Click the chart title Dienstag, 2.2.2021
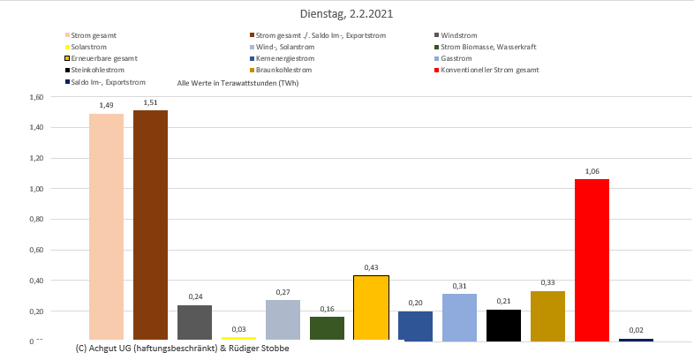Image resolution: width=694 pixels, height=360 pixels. click(x=346, y=14)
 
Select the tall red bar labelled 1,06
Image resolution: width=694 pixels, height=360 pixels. click(x=592, y=259)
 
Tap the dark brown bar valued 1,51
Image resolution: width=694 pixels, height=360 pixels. click(x=150, y=225)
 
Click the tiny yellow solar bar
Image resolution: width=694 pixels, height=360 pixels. click(x=238, y=338)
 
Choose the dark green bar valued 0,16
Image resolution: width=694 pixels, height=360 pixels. click(x=327, y=328)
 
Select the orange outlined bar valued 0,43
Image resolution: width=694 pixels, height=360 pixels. click(x=371, y=308)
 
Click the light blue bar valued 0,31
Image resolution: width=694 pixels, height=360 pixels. click(x=459, y=317)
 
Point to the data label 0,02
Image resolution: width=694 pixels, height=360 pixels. click(x=636, y=330)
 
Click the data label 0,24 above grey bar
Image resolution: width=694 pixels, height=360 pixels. click(x=194, y=296)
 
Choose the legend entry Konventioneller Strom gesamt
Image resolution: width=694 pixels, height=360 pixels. click(x=489, y=70)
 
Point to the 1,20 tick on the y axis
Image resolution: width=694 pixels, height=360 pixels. click(x=35, y=159)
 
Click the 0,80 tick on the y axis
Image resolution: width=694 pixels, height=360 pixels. click(x=35, y=220)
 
